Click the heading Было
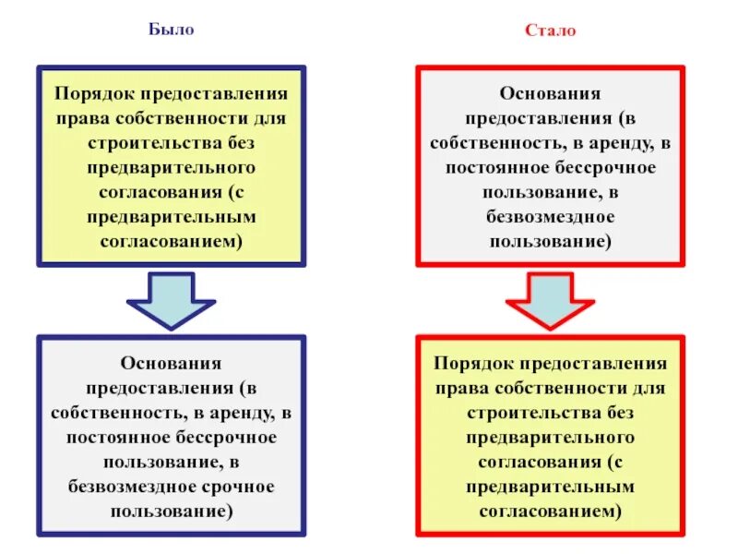(171, 30)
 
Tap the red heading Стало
(550, 30)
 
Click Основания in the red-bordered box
(551, 95)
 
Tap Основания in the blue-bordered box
(171, 364)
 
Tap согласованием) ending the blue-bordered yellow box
(171, 240)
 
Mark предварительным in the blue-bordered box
(171, 216)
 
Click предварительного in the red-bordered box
(551, 437)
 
